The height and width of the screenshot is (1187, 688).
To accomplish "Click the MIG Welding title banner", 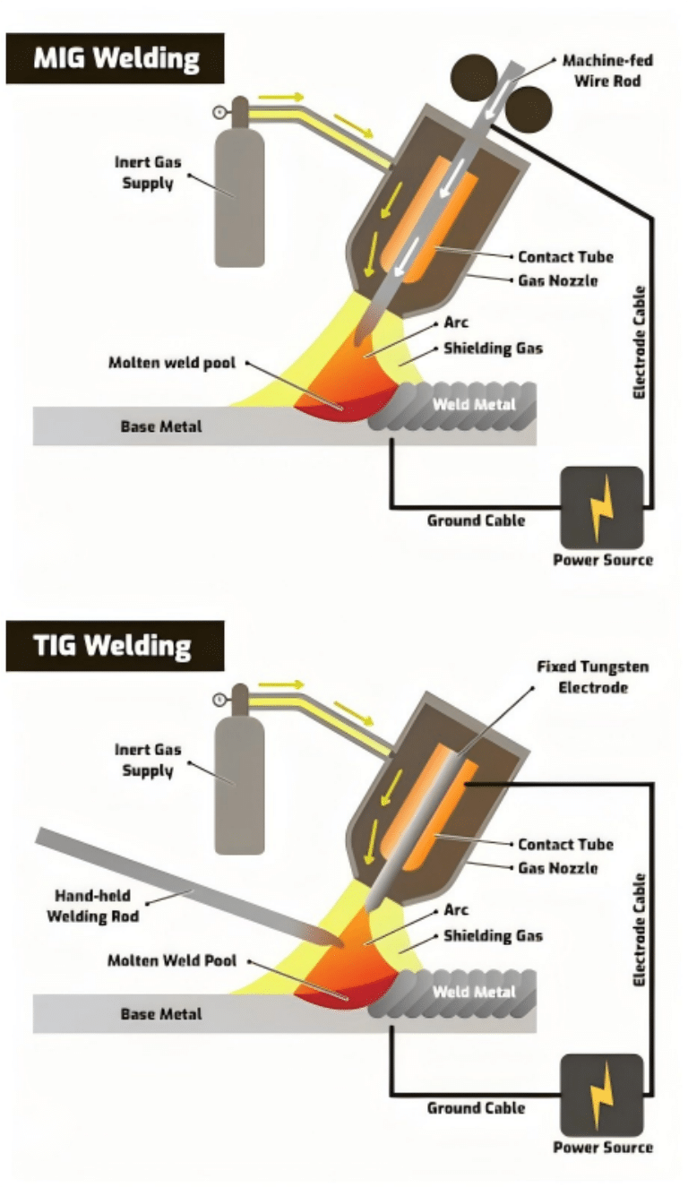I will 115,58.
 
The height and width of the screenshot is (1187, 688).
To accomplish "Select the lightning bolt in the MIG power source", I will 600,507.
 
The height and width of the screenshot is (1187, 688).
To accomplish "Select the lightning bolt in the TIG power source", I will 600,1095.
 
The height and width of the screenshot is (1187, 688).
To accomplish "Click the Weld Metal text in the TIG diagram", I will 474,992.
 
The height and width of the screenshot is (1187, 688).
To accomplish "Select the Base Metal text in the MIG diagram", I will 161,426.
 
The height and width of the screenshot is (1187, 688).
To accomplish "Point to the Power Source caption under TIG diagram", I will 602,1148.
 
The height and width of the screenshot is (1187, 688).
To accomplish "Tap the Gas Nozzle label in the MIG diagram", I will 557,280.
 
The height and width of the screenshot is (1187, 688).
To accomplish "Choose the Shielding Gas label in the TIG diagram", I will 494,936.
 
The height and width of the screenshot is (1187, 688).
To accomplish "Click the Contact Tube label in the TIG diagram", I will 565,845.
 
